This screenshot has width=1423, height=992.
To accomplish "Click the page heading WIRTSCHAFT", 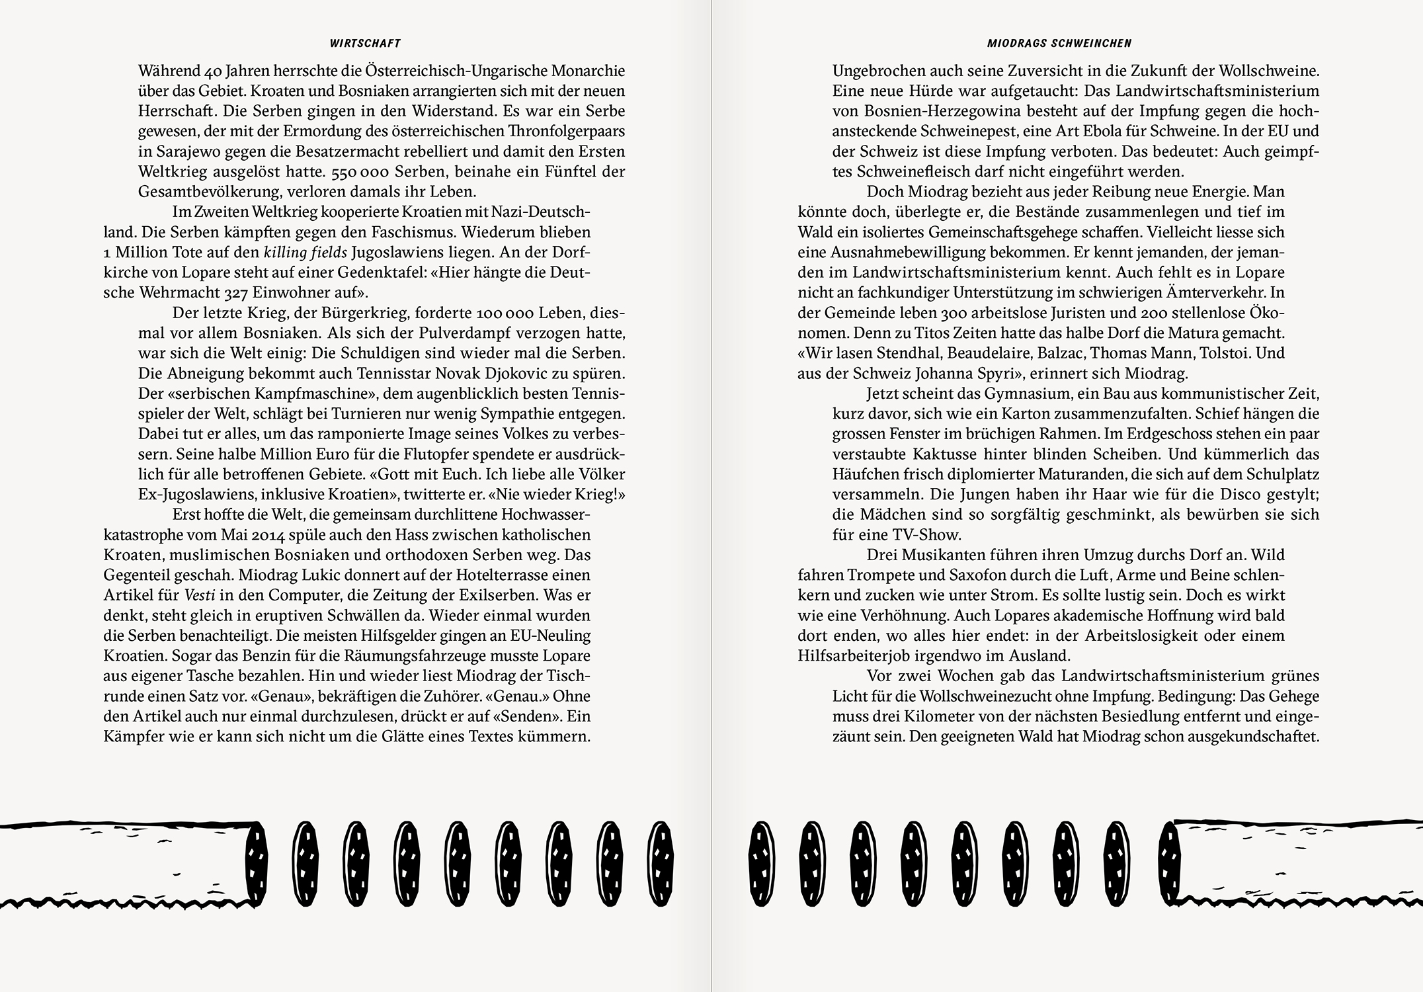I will pyautogui.click(x=365, y=44).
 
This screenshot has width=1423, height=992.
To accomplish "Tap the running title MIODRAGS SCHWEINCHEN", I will pyautogui.click(x=1059, y=44).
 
